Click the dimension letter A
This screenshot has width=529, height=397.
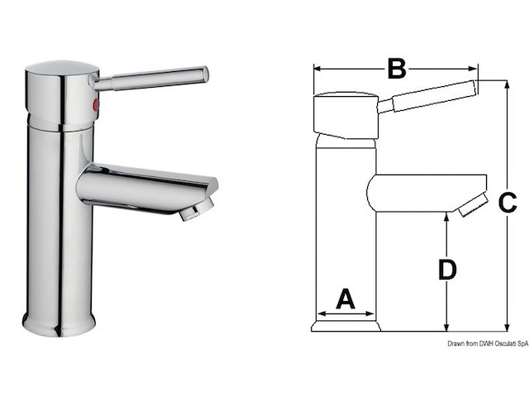pos(345,299)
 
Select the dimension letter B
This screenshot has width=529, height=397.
pos(396,69)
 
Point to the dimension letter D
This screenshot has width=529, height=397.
pos(446,270)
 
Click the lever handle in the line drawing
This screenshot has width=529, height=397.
pos(430,97)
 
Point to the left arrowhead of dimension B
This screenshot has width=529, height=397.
pos(316,69)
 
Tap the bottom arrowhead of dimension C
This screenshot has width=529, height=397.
pos(505,328)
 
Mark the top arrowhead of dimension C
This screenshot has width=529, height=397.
pos(505,84)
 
